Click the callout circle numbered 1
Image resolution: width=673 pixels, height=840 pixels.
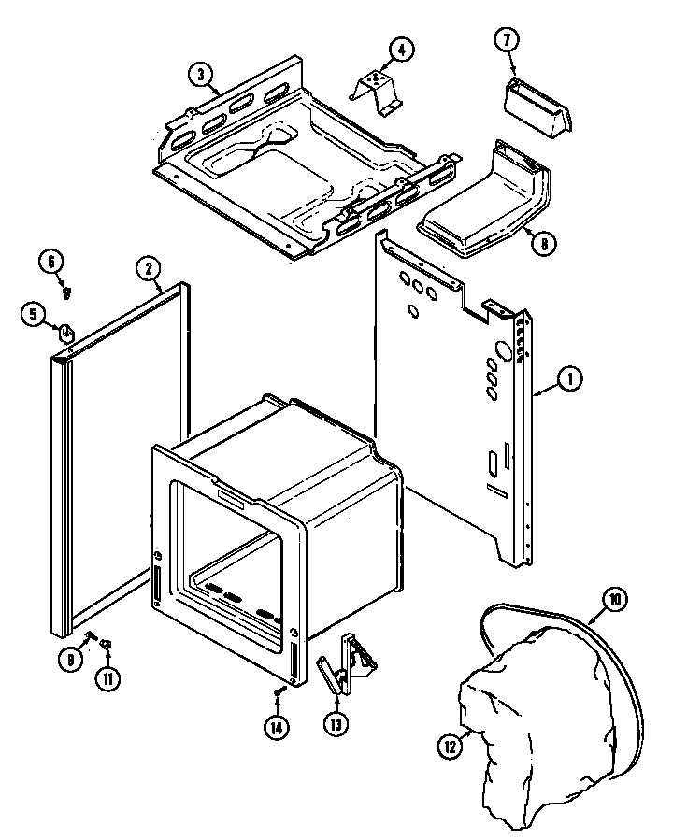point(569,378)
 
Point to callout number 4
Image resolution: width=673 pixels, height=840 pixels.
point(400,50)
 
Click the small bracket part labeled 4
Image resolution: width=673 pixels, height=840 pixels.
point(377,87)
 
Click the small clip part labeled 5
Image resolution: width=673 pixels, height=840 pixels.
point(65,330)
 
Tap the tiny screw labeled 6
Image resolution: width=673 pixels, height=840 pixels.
point(67,292)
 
